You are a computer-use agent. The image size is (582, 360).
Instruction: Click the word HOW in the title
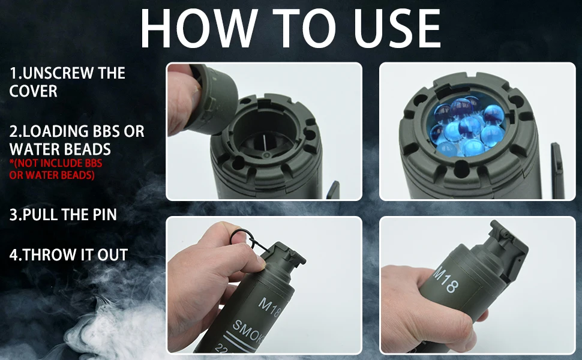pos(199,29)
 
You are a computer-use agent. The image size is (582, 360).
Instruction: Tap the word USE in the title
pos(398,29)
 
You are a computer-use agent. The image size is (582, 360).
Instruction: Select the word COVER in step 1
pos(34,91)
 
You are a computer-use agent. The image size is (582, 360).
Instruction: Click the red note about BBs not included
pos(56,169)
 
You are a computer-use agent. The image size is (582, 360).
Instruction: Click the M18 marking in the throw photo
pos(446,280)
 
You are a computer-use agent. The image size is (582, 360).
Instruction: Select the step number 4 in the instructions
pos(13,255)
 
